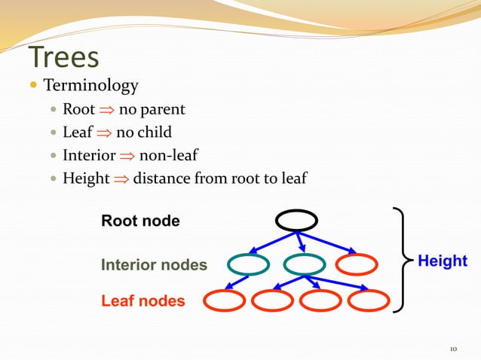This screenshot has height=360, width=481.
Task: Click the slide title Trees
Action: point(64,58)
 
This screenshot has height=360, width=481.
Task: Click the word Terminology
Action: point(90,86)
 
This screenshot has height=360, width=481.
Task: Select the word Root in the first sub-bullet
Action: point(78,110)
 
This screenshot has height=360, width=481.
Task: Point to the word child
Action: point(154,133)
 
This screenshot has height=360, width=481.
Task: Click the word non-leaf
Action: point(168,156)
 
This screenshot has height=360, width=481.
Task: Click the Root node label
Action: point(140,221)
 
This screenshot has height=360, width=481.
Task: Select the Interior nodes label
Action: point(154,265)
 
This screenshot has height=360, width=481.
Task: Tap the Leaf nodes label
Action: point(142,301)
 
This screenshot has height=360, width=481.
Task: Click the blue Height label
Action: point(443,261)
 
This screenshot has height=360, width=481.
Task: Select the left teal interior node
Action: point(247,264)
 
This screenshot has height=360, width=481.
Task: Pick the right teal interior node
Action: point(303,264)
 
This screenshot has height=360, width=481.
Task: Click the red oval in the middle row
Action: point(355,264)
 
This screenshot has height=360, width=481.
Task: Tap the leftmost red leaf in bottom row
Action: point(223,301)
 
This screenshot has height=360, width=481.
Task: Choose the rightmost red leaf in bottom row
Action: point(369,301)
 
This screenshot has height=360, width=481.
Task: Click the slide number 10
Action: point(453,349)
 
